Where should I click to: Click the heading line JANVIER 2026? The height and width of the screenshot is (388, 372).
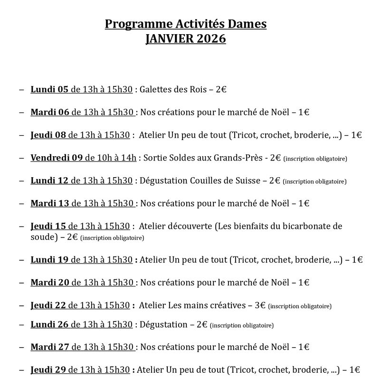186,38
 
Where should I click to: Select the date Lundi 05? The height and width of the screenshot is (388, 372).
49,89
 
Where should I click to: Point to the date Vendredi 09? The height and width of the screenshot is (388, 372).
57,158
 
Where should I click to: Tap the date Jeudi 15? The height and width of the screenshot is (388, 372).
48,226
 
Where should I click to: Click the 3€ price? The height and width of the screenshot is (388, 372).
260,305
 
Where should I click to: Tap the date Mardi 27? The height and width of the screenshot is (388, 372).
50,347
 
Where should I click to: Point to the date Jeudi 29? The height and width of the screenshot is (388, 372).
48,369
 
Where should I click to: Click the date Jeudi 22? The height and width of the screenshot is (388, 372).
48,305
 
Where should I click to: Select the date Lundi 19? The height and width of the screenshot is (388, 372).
49,259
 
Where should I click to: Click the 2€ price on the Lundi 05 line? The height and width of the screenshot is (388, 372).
221,89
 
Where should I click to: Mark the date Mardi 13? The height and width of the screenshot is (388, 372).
50,203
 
